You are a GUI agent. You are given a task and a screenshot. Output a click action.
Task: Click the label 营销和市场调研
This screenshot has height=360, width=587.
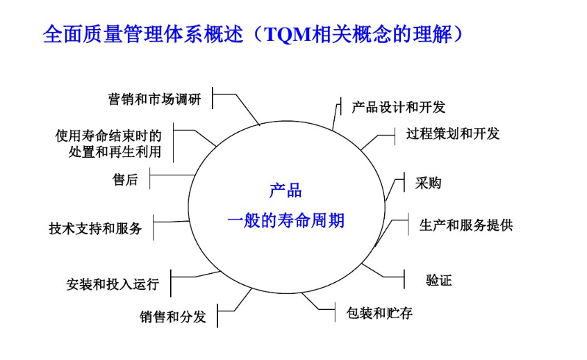[x=154, y=99]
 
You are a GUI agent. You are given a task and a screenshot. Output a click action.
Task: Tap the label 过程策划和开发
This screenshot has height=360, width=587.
[x=452, y=133]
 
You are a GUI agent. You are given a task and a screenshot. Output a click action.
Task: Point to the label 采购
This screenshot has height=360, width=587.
[x=428, y=183]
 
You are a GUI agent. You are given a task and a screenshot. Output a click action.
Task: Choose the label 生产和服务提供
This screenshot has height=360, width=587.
[x=465, y=225]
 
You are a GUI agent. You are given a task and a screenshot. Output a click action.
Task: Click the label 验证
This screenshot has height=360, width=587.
[x=438, y=281]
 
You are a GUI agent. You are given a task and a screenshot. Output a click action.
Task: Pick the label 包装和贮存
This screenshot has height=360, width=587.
[x=379, y=313]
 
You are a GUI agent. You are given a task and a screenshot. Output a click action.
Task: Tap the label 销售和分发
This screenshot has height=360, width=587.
[x=172, y=317]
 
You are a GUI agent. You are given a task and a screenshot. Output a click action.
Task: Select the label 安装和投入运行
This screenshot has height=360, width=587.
[x=113, y=284]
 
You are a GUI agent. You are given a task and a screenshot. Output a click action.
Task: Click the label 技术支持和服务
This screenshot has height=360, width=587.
[x=95, y=228]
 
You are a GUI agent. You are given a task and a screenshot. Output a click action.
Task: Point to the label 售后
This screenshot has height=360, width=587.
[x=125, y=180]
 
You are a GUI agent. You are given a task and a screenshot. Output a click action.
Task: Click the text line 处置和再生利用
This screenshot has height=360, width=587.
[x=115, y=152]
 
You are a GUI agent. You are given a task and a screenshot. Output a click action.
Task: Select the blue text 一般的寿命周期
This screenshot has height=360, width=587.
[x=286, y=222]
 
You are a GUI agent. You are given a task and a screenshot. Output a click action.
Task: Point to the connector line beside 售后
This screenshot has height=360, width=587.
[x=172, y=174]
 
